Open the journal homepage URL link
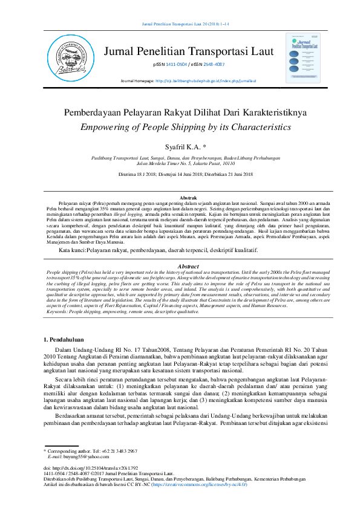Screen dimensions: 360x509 206,80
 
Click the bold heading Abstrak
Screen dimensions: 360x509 189,198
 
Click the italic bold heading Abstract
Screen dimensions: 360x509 189,266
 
